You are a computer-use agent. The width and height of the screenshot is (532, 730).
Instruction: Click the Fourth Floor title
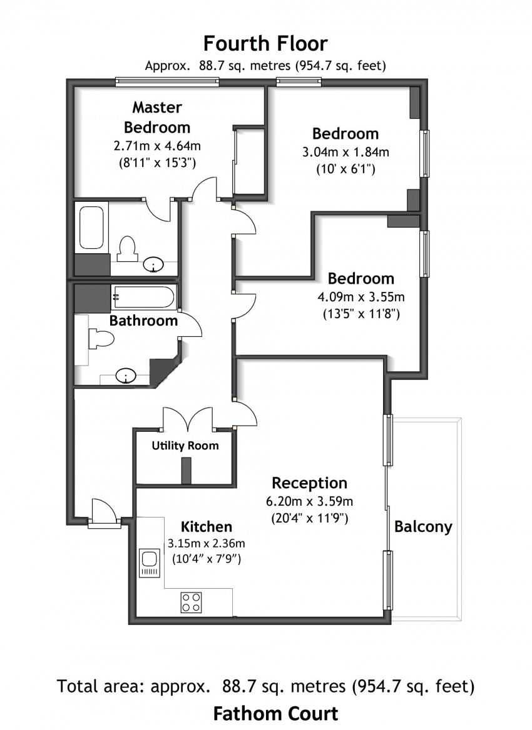pos(265,44)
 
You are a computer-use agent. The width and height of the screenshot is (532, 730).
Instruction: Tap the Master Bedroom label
pos(157,117)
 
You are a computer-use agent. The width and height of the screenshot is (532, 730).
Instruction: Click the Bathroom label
pos(143,321)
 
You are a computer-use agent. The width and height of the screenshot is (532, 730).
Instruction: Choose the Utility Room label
pos(186,446)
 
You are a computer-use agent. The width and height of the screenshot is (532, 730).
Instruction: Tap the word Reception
pos(309,483)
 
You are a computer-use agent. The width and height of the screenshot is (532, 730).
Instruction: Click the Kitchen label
pos(207,527)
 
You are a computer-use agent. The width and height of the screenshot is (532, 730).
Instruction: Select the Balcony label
pos(423,526)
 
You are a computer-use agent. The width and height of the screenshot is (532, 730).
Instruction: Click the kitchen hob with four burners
pos(192,602)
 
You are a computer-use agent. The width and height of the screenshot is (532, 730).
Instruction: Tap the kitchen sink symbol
pos(150,562)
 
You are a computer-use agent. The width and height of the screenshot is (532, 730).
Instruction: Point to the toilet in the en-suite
pos(127,248)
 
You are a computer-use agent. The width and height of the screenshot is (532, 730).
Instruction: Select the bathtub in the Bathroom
pos(143,297)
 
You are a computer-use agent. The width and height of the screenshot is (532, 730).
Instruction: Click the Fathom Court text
pos(275,713)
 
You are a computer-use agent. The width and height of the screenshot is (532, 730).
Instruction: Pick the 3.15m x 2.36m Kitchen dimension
pos(206,542)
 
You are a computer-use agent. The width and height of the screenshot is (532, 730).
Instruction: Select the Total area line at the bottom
pos(265,687)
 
